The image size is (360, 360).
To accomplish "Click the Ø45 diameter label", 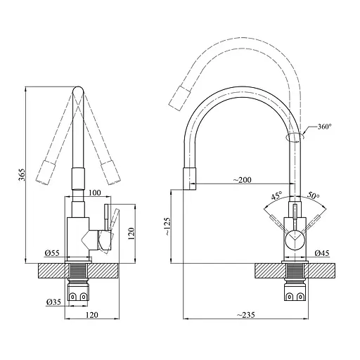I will [323, 252].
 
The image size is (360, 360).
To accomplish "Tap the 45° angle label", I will [276, 196].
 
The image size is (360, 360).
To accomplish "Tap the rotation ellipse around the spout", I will [296, 136].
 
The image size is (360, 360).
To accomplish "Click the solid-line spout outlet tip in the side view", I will [191, 180].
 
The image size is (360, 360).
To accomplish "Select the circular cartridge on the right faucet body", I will [294, 240].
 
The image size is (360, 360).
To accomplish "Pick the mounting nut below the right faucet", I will [294, 295].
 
